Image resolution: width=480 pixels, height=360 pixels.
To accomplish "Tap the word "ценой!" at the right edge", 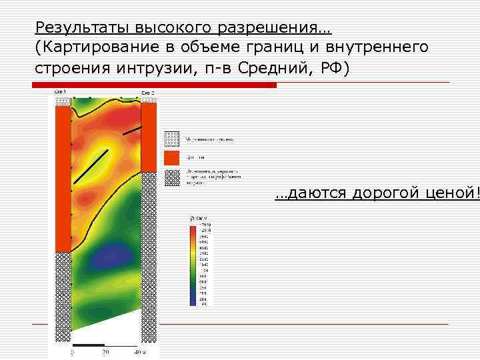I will pos(457,193).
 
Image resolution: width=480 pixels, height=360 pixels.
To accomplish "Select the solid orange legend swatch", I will pos(172,158).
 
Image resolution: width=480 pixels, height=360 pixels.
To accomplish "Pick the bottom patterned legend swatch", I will pos(172,177).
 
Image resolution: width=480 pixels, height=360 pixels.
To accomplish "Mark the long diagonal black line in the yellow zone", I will pos(91,166).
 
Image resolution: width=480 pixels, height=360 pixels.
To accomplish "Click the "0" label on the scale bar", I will pos(73,352).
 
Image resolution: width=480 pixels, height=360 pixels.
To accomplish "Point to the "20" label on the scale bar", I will pos(105,352).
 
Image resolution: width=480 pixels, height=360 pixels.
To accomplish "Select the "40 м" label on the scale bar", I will pos(139,352).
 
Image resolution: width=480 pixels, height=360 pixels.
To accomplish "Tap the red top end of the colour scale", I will pos(193,229).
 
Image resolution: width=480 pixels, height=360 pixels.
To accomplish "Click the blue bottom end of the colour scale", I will pos(193,301).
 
